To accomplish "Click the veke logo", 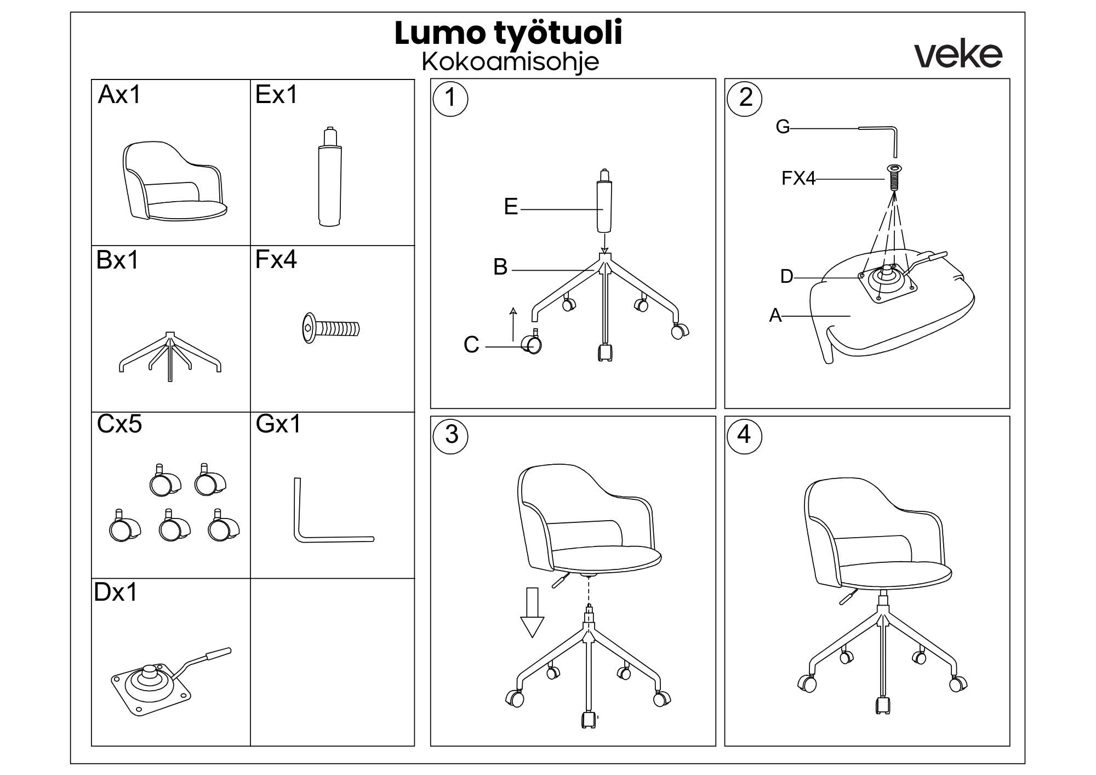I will point(958,55).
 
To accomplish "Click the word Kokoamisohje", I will point(510,62).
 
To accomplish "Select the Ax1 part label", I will point(119,95).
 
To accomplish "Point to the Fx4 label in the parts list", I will point(276,259).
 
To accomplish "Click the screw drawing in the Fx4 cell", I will point(331,328).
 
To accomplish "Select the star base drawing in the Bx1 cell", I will point(170,356).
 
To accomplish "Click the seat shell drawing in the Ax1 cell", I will point(173,181).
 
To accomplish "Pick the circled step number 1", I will point(450,99).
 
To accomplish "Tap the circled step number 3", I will point(451,435).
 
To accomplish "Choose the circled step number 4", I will point(744,435).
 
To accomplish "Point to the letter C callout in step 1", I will point(471,345).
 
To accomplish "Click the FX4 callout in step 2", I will point(798,179).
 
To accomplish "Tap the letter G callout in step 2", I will point(783,127).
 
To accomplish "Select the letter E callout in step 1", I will point(511,207).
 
